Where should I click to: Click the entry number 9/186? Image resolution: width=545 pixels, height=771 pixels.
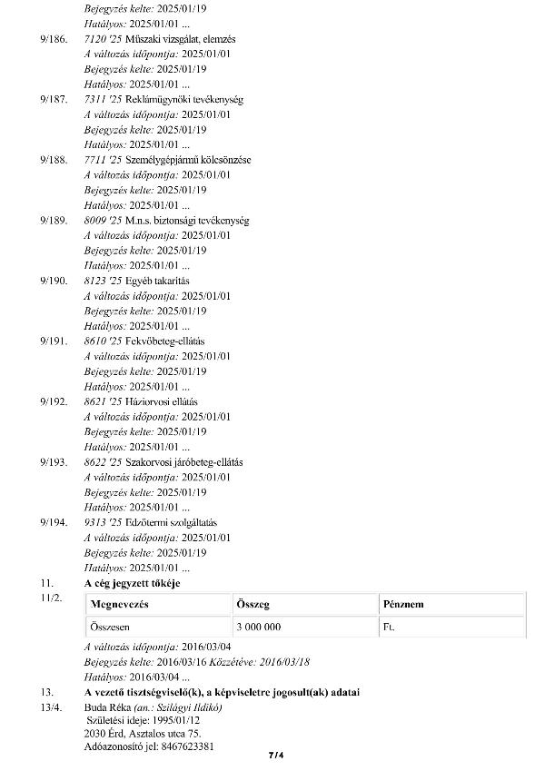[x=54, y=39]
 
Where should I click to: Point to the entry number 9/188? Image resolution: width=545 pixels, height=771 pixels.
[x=54, y=160]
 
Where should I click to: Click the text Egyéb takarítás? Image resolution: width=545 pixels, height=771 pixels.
[x=151, y=281]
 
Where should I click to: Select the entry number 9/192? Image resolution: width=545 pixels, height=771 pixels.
[x=54, y=401]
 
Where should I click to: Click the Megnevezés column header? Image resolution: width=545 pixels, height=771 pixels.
[x=119, y=604]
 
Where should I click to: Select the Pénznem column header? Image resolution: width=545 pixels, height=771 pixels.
[x=403, y=604]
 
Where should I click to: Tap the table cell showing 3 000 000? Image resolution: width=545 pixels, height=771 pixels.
[x=258, y=627]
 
